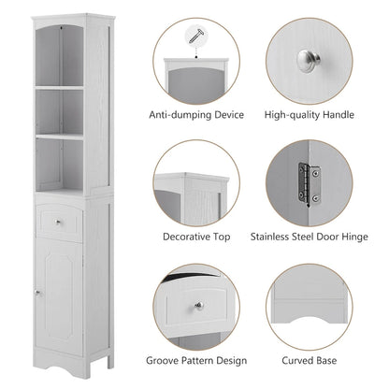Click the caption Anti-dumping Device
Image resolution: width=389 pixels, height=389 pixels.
click(196, 115)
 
